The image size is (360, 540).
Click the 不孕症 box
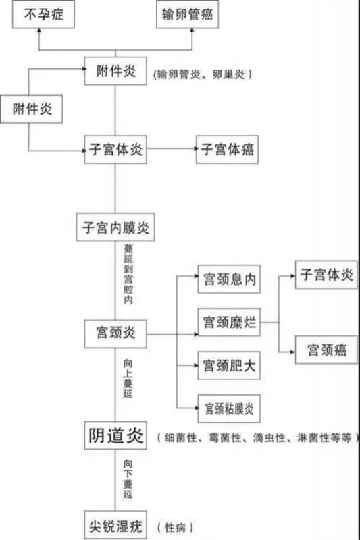(43, 14)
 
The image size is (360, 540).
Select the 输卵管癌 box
(187, 14)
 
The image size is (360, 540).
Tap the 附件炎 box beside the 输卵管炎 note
(115, 72)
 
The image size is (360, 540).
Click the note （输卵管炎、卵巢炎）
(203, 74)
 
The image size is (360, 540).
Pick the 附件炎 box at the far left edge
(31, 109)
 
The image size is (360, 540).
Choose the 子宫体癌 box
(227, 149)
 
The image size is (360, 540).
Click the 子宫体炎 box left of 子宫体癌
(115, 149)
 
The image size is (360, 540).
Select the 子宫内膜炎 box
(115, 227)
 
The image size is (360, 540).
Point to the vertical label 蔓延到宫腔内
(128, 275)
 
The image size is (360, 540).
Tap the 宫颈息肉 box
(229, 279)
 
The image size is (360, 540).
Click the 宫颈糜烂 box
(229, 323)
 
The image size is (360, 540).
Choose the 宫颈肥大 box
(229, 366)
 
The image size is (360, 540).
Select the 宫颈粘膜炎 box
(229, 409)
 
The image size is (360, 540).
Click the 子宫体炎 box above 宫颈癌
(326, 275)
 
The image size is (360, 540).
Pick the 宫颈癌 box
(326, 350)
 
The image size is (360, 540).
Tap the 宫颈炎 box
(115, 333)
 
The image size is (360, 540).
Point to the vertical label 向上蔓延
(128, 379)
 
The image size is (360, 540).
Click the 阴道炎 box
(115, 435)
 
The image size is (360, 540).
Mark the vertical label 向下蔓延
(128, 479)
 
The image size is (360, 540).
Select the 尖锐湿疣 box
(115, 525)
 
